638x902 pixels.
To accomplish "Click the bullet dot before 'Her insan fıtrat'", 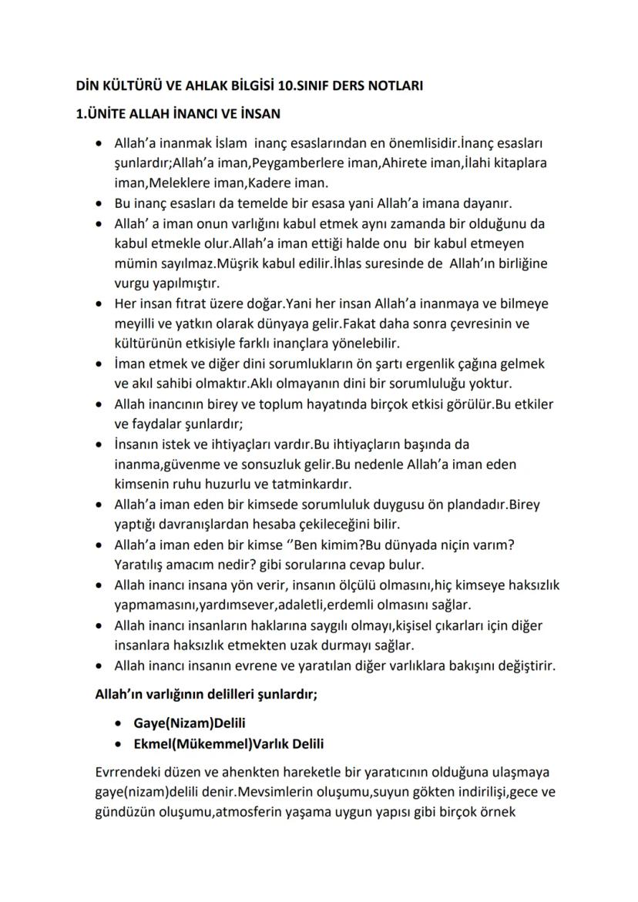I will pos(99,303).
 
